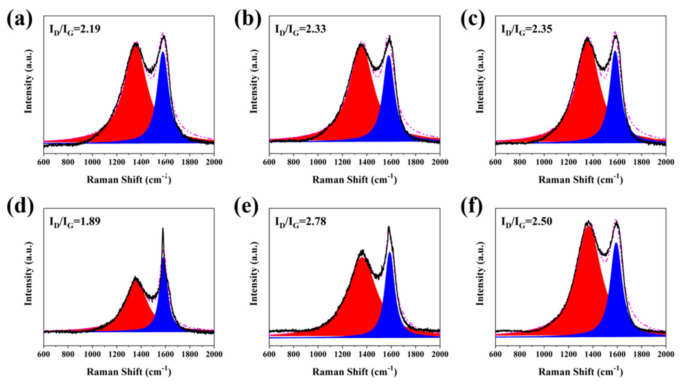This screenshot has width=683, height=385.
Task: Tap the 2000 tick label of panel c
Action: [x=666, y=162]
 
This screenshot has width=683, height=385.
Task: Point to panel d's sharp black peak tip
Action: [x=163, y=228]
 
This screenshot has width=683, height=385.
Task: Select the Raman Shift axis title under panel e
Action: [x=354, y=372]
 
